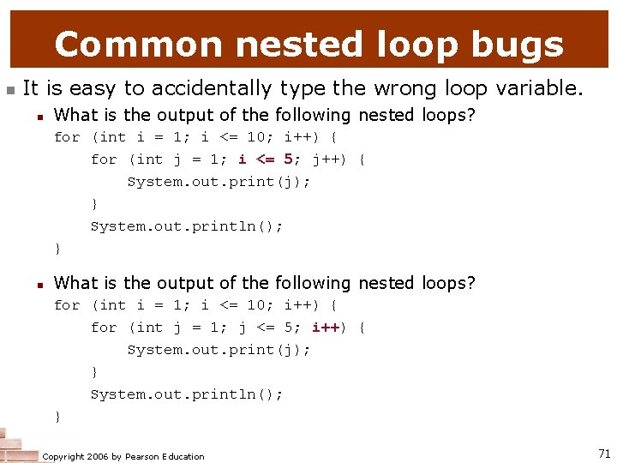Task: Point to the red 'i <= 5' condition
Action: coord(267,159)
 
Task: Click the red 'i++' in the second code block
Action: coord(326,328)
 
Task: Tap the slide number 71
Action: coord(603,452)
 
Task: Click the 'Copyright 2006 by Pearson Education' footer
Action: coord(123,456)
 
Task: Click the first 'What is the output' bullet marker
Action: coord(40,116)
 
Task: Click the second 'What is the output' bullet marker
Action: coord(40,284)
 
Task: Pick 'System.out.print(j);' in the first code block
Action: coord(219,182)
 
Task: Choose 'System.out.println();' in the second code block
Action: coord(187,394)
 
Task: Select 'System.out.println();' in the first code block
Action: coord(187,226)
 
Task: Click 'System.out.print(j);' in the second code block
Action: coord(219,350)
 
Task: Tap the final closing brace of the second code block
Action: coord(57,417)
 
